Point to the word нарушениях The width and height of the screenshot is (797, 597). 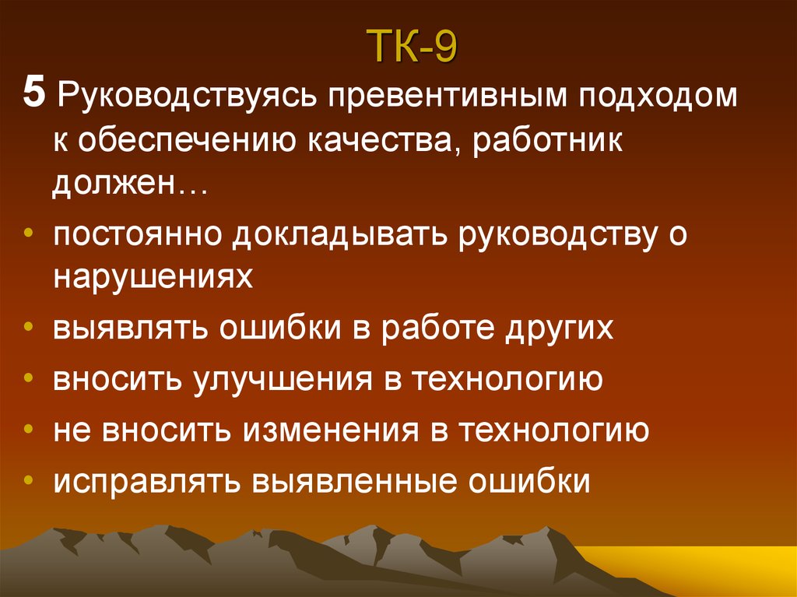(x=153, y=278)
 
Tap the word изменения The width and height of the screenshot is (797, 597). (x=332, y=430)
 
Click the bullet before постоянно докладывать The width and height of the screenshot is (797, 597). (x=28, y=235)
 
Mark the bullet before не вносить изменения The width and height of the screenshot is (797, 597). (x=28, y=430)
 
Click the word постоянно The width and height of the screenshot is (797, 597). (x=135, y=235)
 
